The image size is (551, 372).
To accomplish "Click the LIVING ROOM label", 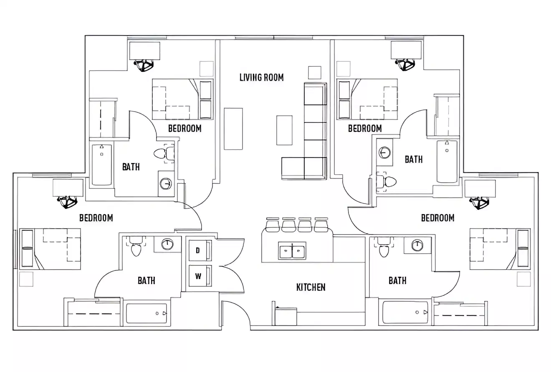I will pyautogui.click(x=261, y=77).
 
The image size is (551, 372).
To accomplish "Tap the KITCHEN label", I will pyautogui.click(x=311, y=287).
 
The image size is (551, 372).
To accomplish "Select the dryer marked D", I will pyautogui.click(x=198, y=250).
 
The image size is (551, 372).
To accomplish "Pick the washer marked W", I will pyautogui.click(x=198, y=276).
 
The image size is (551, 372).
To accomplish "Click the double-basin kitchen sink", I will pyautogui.click(x=292, y=251).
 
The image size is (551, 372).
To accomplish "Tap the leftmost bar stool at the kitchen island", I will pyautogui.click(x=272, y=225).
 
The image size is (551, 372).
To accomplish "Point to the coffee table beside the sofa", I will pyautogui.click(x=284, y=130).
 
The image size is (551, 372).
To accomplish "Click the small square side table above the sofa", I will pyautogui.click(x=314, y=72).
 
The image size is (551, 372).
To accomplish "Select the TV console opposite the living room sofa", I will pyautogui.click(x=233, y=129).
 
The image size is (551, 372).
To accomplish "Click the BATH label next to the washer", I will pyautogui.click(x=146, y=280).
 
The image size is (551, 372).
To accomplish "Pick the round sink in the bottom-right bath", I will pyautogui.click(x=417, y=245).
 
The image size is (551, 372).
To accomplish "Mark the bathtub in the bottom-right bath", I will pyautogui.click(x=405, y=312).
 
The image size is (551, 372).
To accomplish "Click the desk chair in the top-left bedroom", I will pyautogui.click(x=144, y=65).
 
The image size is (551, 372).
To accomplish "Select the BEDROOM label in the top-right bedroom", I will pyautogui.click(x=365, y=128).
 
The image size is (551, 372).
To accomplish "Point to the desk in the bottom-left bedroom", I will pyautogui.click(x=68, y=188).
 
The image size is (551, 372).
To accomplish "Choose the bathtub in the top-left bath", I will pyautogui.click(x=102, y=165).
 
